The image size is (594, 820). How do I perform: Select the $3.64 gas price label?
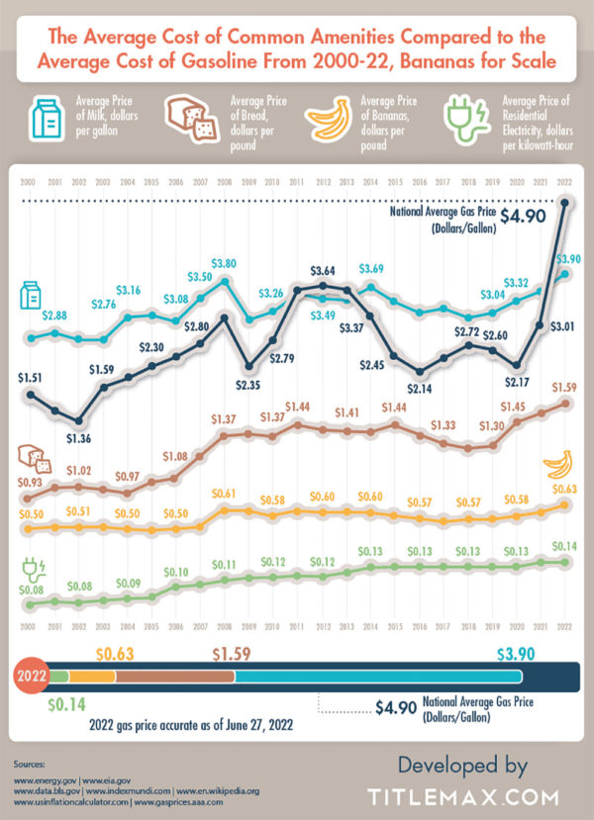click(323, 269)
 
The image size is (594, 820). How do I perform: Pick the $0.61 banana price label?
click(224, 493)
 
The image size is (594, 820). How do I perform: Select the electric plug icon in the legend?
click(468, 121)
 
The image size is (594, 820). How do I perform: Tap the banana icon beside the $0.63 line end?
click(556, 462)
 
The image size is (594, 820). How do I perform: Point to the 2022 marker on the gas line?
click(565, 205)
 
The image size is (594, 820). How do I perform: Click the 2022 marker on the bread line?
click(565, 404)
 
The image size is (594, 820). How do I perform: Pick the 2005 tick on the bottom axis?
click(151, 627)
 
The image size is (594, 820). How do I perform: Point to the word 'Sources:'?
click(34, 765)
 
